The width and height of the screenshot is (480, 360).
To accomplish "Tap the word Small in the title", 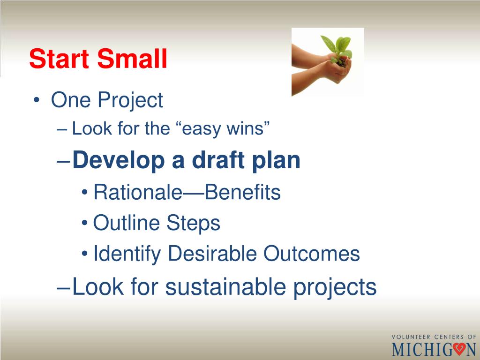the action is [x=132, y=58].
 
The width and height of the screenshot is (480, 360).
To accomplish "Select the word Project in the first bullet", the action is [x=130, y=100].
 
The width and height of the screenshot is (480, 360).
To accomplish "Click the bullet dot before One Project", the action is [x=37, y=100].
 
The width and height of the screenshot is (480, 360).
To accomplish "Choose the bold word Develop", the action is [x=119, y=161].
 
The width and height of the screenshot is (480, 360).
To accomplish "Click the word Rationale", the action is [x=138, y=192].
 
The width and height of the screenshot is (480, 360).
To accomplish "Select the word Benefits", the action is [x=242, y=192].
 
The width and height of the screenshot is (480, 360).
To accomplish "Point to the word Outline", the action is [x=126, y=223].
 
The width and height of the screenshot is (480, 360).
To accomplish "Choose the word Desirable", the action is [x=212, y=253].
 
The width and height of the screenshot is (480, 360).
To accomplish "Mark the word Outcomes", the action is [x=312, y=253].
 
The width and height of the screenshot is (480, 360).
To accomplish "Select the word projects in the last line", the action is [x=335, y=288].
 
